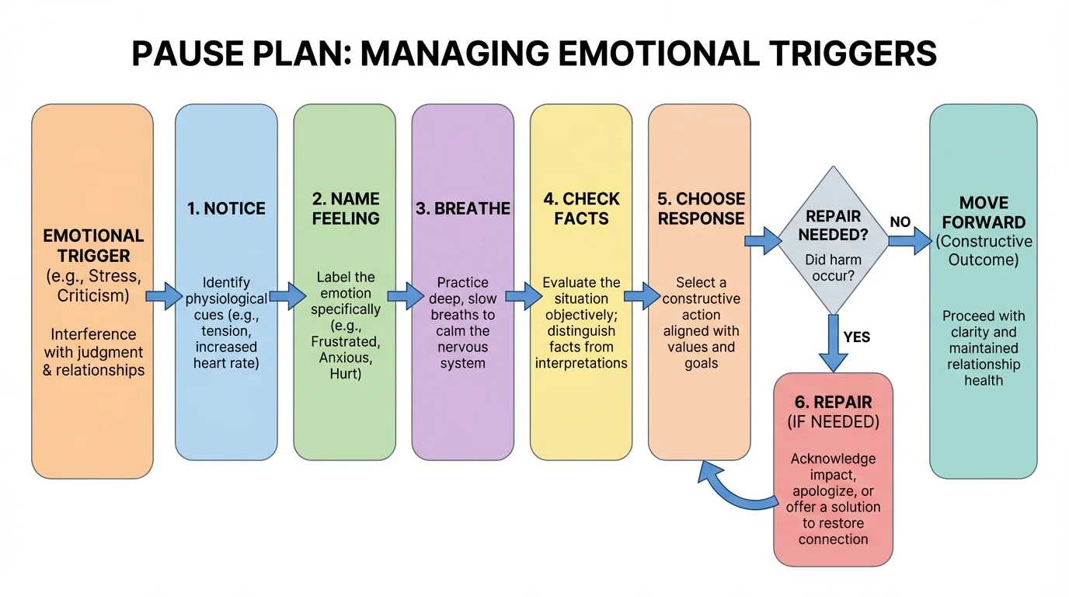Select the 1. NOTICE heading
pos(226,208)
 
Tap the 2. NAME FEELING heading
pos(345,209)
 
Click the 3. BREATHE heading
pos(462,208)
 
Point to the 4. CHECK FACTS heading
pos(581,208)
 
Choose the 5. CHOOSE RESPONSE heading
pos(701,208)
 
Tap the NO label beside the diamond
pos(900,222)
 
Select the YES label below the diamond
pos(856,337)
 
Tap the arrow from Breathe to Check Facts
pos(522,296)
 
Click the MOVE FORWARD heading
pos(983,212)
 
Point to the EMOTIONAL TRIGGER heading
pos(93,246)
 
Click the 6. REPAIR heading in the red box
pos(833,403)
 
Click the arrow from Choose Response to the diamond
pos(762,241)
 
